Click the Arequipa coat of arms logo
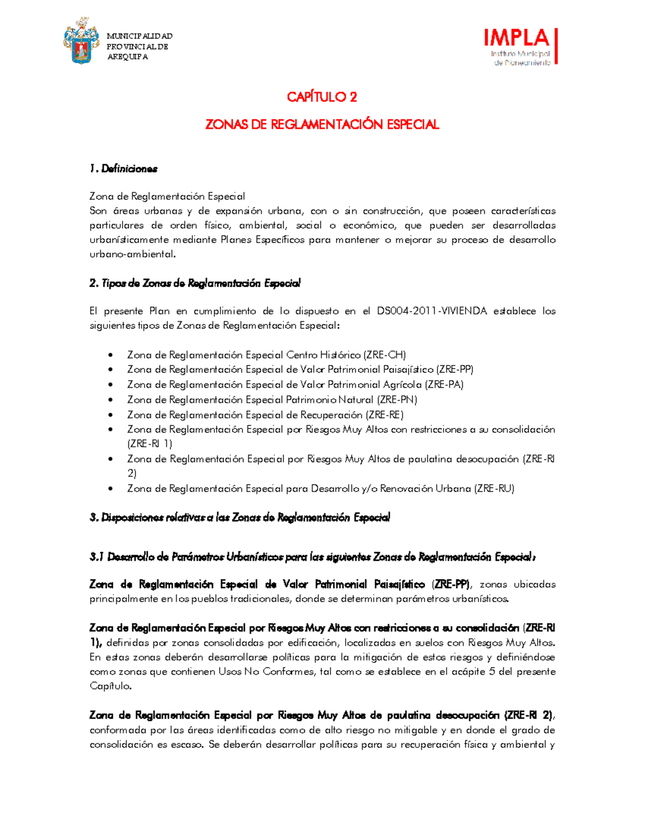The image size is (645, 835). pyautogui.click(x=82, y=41)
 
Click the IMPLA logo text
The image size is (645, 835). pyautogui.click(x=517, y=38)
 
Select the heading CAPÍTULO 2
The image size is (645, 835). pyautogui.click(x=322, y=97)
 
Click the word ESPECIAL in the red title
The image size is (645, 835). pyautogui.click(x=412, y=125)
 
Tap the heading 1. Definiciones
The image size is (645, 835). pyautogui.click(x=124, y=169)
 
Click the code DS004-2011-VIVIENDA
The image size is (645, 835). pyautogui.click(x=432, y=311)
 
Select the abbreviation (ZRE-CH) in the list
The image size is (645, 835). pyautogui.click(x=385, y=355)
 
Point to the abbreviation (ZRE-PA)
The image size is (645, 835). pyautogui.click(x=444, y=385)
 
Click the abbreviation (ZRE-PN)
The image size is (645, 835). pyautogui.click(x=397, y=400)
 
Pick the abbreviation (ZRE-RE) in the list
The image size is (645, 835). pyautogui.click(x=384, y=415)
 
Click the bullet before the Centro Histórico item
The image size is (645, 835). pyautogui.click(x=110, y=355)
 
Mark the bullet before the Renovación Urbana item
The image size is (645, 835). pyautogui.click(x=110, y=489)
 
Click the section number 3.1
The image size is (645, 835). pyautogui.click(x=96, y=558)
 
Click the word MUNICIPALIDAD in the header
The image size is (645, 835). pyautogui.click(x=140, y=36)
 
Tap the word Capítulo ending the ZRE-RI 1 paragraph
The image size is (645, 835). pyautogui.click(x=110, y=687)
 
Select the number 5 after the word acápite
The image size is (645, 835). pyautogui.click(x=492, y=672)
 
